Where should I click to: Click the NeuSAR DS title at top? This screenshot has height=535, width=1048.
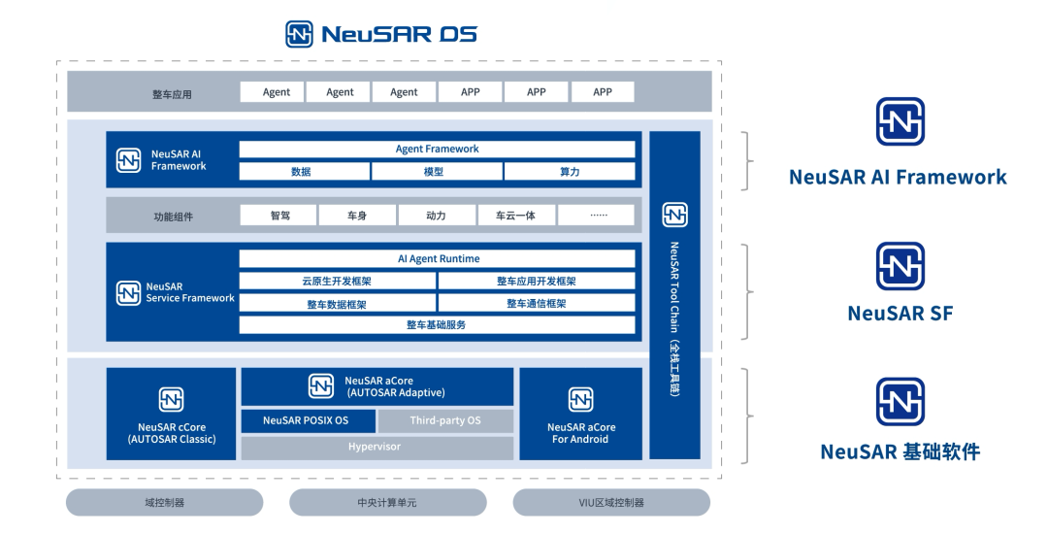coord(381,34)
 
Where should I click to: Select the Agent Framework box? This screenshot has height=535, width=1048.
coord(437,150)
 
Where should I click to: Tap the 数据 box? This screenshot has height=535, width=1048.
coord(304,172)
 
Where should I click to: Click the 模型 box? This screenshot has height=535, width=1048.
coord(437,172)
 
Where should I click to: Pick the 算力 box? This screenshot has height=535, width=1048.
coord(570,172)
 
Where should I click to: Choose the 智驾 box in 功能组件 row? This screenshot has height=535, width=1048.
coord(278,216)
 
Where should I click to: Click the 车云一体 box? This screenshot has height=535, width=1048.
coord(516,216)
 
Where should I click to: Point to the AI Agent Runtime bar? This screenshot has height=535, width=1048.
coord(437,259)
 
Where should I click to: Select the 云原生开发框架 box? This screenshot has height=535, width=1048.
coord(337,282)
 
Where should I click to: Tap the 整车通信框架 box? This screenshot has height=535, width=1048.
coord(537,304)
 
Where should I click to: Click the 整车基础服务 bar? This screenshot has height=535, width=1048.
coord(437,325)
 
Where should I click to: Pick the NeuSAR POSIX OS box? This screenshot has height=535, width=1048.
coord(306,420)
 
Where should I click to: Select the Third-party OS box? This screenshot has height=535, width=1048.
coord(445,420)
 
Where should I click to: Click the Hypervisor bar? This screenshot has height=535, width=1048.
coord(377,448)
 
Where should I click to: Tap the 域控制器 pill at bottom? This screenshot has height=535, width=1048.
coord(164,503)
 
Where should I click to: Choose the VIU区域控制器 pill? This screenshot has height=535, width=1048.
coord(611,503)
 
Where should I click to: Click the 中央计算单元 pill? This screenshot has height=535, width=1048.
coord(387,503)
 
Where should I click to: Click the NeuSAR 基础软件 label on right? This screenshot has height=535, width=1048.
coord(900,451)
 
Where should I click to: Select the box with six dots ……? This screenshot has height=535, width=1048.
coord(597,216)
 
